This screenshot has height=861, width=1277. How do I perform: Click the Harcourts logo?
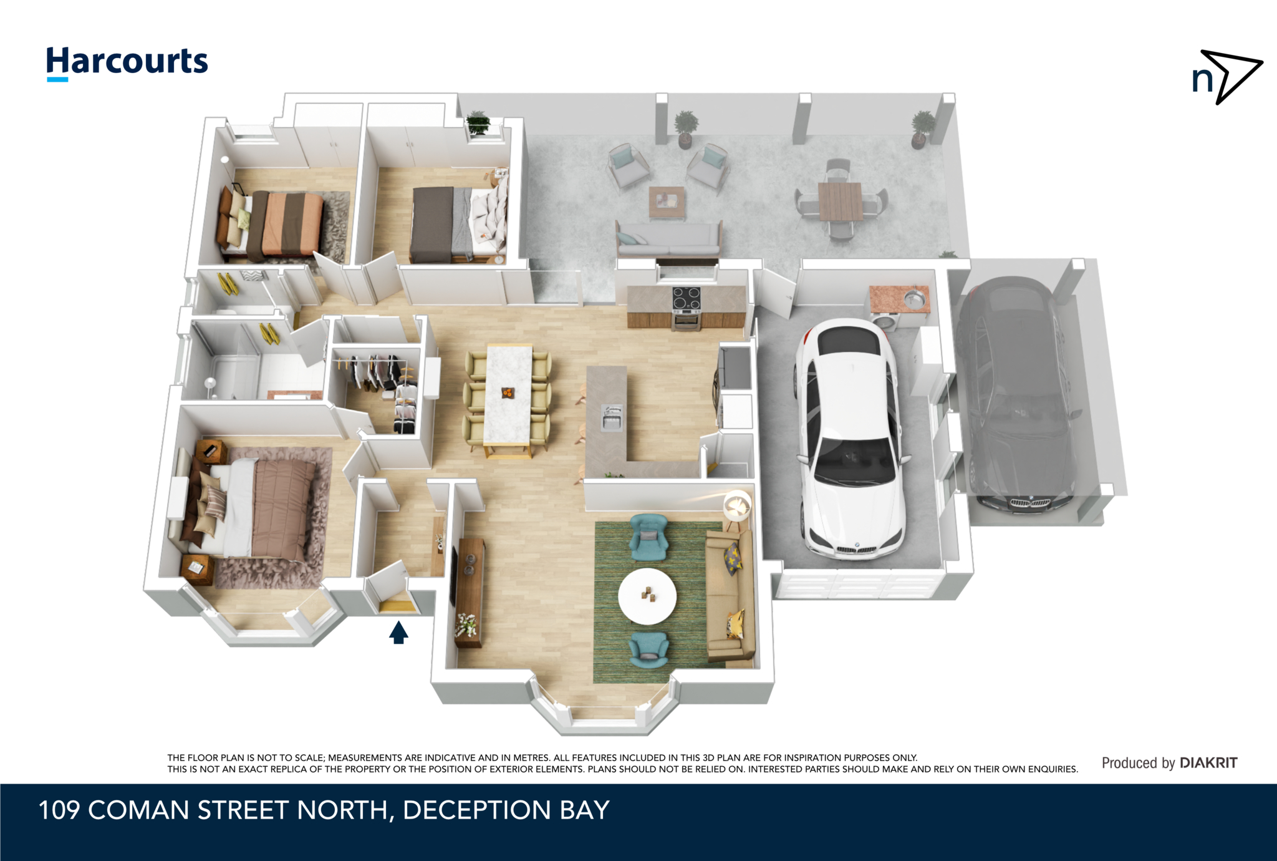[x=127, y=63]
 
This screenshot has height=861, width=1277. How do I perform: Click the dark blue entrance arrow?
[x=398, y=633]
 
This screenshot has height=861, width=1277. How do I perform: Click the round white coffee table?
[x=647, y=596]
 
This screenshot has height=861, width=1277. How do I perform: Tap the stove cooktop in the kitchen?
[x=686, y=298]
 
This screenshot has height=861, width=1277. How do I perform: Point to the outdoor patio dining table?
[x=840, y=201]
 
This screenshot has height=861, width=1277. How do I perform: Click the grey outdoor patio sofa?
[x=669, y=239]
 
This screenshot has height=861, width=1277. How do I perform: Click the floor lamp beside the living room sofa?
[x=738, y=506]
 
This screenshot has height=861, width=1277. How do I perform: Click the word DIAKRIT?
[x=1208, y=762]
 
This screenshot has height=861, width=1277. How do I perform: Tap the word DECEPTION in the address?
[x=477, y=810]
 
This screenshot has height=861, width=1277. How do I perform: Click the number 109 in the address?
[x=59, y=810]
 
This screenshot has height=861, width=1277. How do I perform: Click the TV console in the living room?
[x=469, y=592]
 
